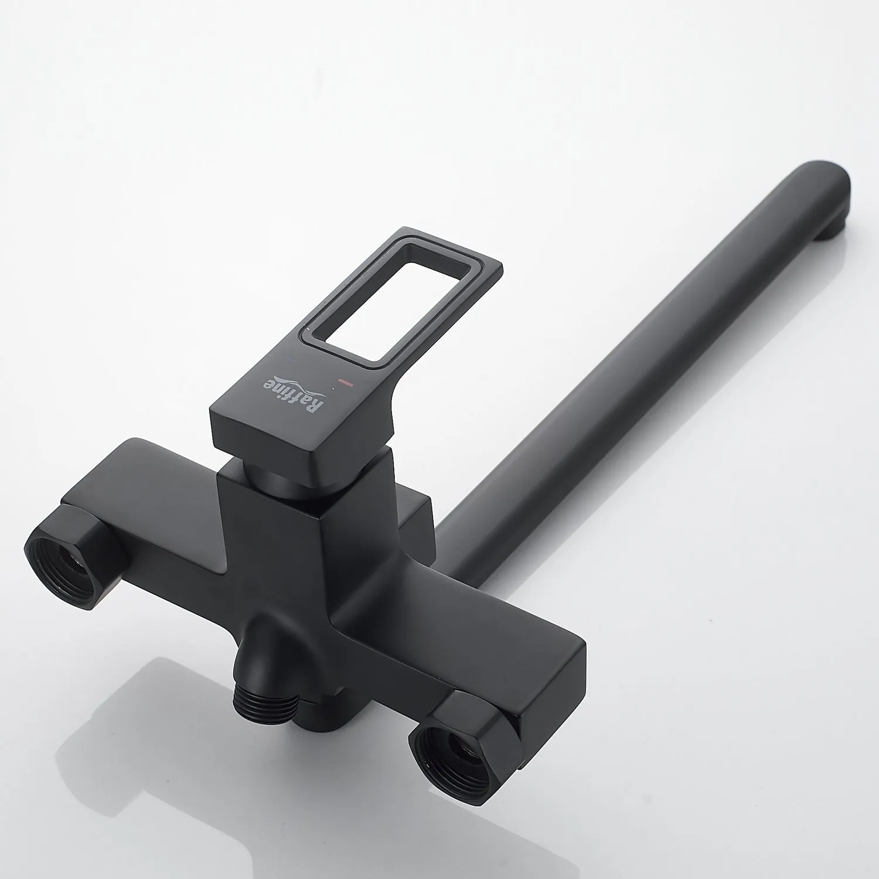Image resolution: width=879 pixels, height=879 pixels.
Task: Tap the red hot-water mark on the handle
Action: pyautogui.click(x=346, y=384)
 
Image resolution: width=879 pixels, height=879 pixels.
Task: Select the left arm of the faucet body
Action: pyautogui.click(x=146, y=486)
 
